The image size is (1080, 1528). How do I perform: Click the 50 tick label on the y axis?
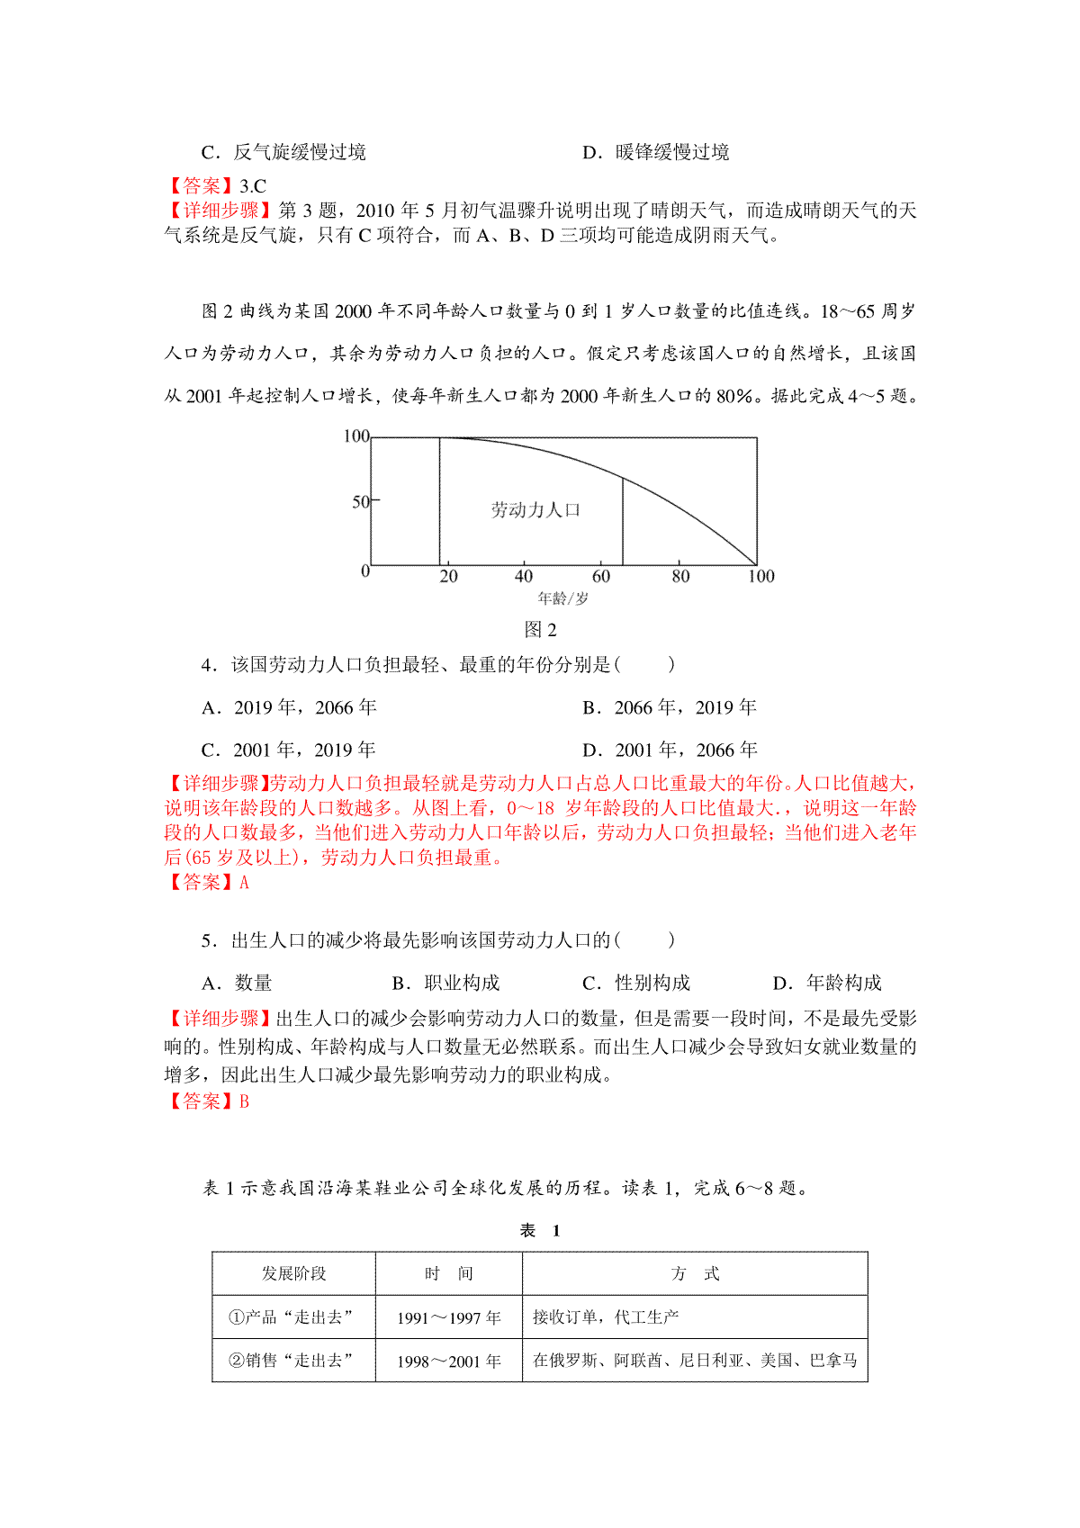tap(360, 501)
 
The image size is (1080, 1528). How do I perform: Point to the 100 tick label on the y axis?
tap(356, 436)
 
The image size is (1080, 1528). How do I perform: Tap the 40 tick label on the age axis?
tap(523, 577)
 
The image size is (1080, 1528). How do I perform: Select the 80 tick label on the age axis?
tap(680, 577)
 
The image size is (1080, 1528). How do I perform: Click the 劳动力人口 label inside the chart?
tap(535, 510)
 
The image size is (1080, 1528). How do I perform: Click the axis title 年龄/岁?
tap(562, 598)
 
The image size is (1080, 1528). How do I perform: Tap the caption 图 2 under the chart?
tap(540, 629)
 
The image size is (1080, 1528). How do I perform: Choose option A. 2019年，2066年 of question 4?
tap(289, 708)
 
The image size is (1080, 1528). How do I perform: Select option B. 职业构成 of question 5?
tap(445, 984)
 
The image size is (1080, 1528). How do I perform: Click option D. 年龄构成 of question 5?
tap(827, 984)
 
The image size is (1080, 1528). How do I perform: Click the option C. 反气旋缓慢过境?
tap(283, 153)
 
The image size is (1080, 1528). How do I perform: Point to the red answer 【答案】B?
tap(207, 1101)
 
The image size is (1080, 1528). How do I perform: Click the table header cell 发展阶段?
tap(293, 1273)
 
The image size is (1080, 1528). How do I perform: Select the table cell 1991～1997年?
tap(448, 1318)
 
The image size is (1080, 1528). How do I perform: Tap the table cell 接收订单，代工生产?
tap(605, 1317)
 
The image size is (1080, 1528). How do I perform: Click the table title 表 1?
tap(540, 1231)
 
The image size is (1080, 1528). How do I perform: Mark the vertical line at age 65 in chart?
tap(623, 522)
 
